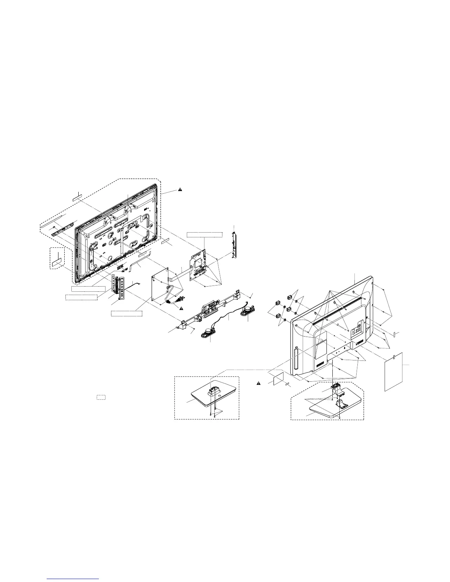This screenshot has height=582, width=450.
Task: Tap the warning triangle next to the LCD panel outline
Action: (x=181, y=190)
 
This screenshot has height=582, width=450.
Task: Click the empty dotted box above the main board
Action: (x=205, y=234)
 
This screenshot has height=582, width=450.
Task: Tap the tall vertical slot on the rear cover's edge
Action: (x=295, y=362)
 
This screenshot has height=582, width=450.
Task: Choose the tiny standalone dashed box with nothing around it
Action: (x=101, y=397)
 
